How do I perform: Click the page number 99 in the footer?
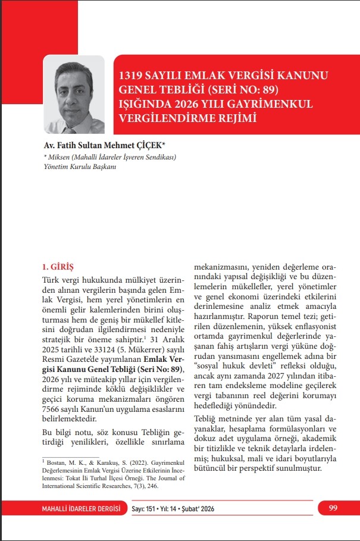[332, 508]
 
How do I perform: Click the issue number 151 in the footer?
[155, 508]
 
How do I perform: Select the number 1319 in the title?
[132, 77]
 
